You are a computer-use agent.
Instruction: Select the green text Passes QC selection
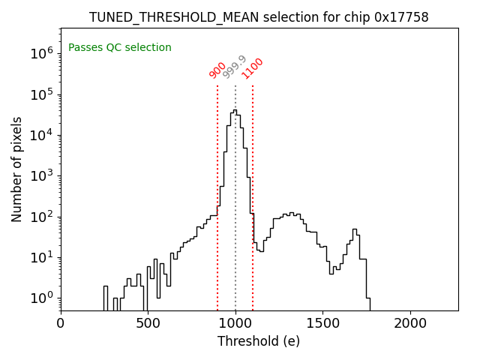[x=120, y=48]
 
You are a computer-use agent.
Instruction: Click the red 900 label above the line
[x=217, y=70]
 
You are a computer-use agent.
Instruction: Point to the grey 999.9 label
[x=235, y=67]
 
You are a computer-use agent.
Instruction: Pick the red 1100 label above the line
[x=252, y=68]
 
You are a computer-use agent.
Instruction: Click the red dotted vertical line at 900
[x=217, y=187]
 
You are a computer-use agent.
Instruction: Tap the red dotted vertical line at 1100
[x=253, y=187]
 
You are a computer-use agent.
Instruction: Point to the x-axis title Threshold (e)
[x=259, y=341]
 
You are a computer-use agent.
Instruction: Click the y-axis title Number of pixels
[x=17, y=169]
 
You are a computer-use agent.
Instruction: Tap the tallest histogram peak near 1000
[x=235, y=111]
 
